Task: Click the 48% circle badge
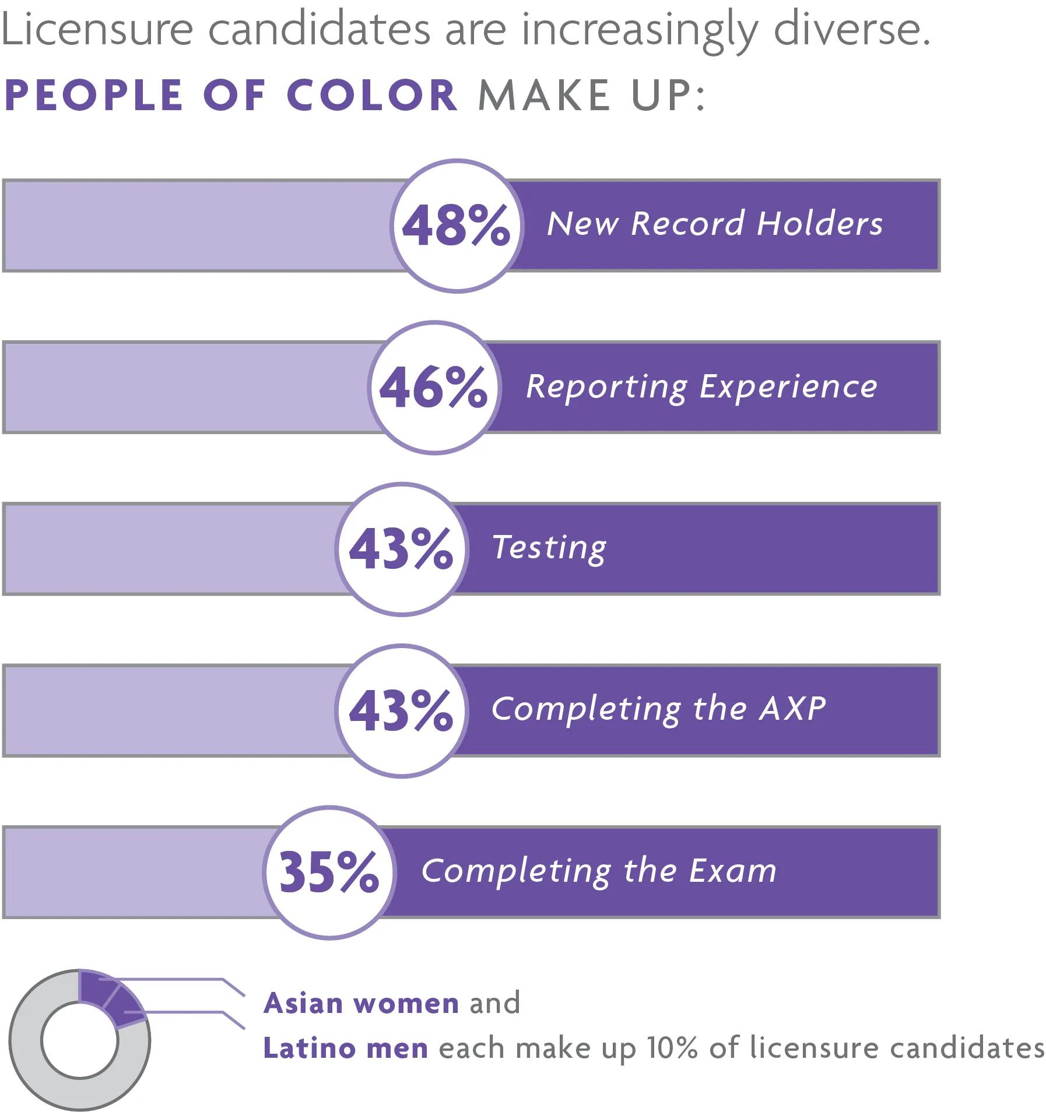pos(457,226)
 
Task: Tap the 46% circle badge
pos(434,388)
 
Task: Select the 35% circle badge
pos(329,872)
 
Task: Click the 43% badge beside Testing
pos(402,549)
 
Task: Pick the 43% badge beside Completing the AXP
pos(402,710)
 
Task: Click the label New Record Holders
pos(715,224)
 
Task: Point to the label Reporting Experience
pos(701,386)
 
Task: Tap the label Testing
pos(549,548)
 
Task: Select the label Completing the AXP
pos(658,709)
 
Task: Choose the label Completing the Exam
pos(599,871)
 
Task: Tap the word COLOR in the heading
pos(372,95)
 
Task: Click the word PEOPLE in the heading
pos(93,95)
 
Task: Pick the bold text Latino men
pos(346,1048)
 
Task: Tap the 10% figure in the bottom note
pos(672,1048)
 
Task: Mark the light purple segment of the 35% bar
pos(134,872)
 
